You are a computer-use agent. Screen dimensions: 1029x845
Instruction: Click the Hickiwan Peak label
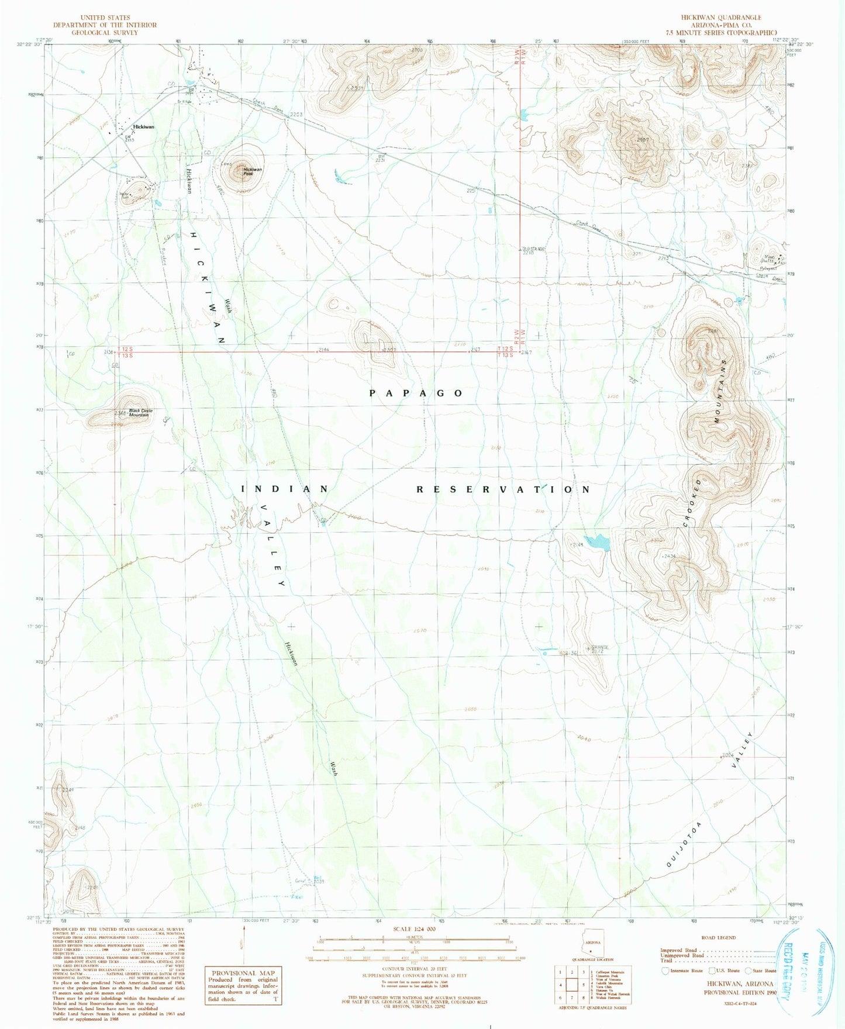point(253,171)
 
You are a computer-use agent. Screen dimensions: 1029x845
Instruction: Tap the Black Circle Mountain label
point(140,413)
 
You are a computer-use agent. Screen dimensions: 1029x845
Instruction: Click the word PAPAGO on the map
point(416,393)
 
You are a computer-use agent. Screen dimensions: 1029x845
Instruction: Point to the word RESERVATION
point(503,489)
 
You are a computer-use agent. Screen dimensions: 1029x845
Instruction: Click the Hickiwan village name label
point(143,127)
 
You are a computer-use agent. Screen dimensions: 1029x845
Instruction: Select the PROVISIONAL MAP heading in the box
point(242,973)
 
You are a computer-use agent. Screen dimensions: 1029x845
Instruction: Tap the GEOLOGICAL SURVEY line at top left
point(105,33)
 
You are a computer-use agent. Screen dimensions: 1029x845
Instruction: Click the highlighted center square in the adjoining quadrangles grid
point(572,985)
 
